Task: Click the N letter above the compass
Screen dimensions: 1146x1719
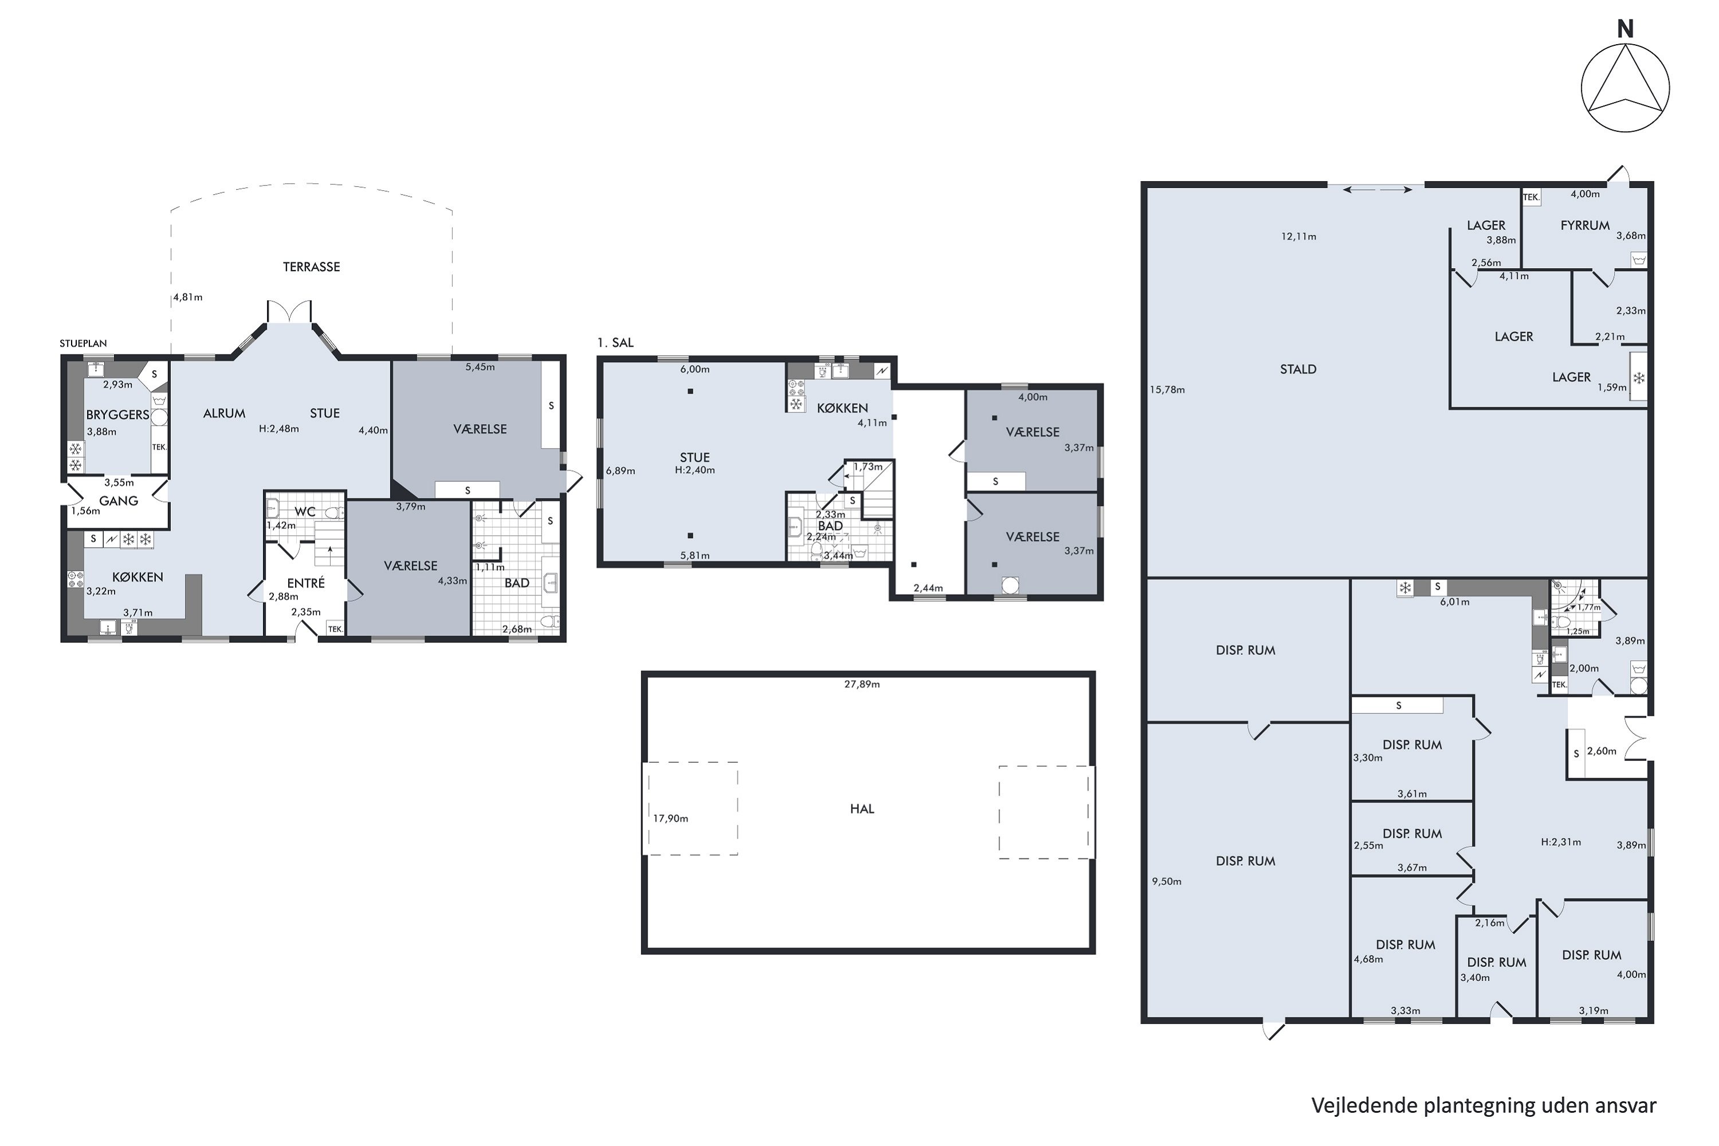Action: coord(1624,30)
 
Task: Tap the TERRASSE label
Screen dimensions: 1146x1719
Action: coord(311,267)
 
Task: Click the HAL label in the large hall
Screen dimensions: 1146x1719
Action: coord(862,809)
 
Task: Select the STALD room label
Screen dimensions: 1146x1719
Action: coord(1297,369)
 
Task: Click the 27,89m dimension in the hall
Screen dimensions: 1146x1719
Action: coord(862,684)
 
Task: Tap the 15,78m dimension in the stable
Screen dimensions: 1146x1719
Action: coord(1167,390)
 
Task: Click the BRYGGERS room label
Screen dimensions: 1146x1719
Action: coord(117,414)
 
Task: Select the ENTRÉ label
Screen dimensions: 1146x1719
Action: coord(305,583)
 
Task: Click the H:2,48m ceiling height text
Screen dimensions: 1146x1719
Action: coord(278,429)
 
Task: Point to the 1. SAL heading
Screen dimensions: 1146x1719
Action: coord(615,342)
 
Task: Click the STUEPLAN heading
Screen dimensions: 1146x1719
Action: coord(83,343)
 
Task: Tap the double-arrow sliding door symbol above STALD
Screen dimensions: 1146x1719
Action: coord(1377,190)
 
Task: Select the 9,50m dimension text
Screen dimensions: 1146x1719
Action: coord(1167,881)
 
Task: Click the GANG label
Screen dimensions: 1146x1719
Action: coord(119,501)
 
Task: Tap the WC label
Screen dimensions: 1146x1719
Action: coord(305,512)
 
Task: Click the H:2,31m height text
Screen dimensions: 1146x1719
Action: coord(1560,841)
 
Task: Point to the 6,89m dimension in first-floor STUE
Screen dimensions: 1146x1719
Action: coord(620,470)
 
